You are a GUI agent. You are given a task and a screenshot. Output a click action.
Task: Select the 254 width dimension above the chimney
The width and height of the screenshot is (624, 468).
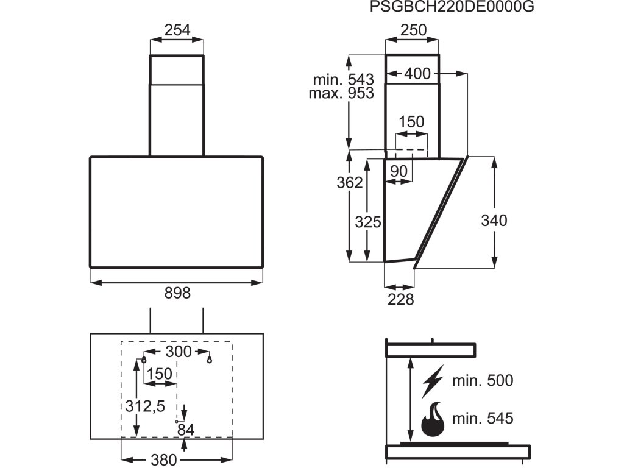pos(177,30)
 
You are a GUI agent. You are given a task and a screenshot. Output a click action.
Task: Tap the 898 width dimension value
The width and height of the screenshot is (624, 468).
pos(177,293)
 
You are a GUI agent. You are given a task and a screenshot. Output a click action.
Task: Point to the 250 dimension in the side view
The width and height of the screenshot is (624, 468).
pos(413,30)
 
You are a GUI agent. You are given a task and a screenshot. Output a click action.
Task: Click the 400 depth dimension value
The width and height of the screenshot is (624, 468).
pos(417,74)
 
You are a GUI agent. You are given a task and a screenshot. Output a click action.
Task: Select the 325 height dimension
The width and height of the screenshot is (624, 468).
pos(368,222)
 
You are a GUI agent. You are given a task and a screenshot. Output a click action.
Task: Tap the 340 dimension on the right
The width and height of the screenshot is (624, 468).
pos(494,221)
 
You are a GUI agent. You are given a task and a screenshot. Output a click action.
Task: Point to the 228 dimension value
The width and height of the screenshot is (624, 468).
pos(400,299)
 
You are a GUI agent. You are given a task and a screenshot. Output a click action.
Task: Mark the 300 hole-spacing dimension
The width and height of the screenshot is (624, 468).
pos(179,352)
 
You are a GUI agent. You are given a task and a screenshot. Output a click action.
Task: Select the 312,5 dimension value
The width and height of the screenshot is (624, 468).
pos(145,405)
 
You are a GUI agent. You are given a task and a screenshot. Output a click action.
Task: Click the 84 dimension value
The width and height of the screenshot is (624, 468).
pos(186,430)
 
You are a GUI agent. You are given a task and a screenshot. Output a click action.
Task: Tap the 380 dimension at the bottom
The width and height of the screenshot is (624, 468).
pos(163,459)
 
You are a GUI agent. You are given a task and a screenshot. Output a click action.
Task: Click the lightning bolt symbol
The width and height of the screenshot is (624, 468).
pos(433,381)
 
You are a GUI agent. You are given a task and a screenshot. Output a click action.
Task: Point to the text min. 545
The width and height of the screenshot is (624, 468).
pos(483,419)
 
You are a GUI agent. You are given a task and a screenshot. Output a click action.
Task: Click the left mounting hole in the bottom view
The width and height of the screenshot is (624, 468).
pos(143,360)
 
